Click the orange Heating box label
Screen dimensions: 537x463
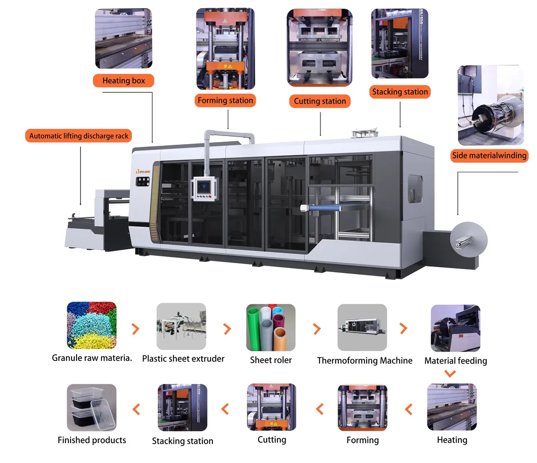(x=123, y=81)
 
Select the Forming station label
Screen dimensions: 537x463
(x=225, y=101)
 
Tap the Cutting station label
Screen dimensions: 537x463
(x=319, y=102)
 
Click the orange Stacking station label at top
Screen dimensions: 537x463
(x=400, y=92)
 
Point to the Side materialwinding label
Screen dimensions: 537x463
(x=489, y=156)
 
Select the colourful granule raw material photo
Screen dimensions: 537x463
(x=92, y=326)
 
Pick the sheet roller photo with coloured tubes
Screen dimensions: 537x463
(x=271, y=327)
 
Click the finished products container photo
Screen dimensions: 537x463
(x=92, y=408)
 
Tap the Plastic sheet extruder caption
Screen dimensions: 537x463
(x=183, y=359)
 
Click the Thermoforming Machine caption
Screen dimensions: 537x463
(x=365, y=360)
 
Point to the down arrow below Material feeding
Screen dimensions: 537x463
(x=449, y=374)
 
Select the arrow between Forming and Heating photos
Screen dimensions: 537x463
(x=408, y=408)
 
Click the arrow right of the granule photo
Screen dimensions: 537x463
(x=135, y=329)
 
